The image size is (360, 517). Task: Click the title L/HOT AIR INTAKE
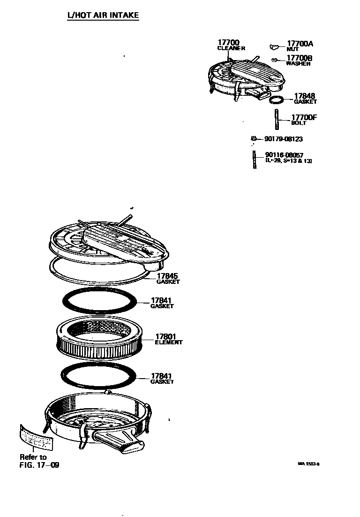103,15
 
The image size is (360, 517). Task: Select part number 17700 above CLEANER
229,43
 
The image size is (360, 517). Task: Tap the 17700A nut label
300,46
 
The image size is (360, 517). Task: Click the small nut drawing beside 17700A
274,47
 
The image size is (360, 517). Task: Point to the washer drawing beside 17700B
274,60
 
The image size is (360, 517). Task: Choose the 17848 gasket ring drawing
277,99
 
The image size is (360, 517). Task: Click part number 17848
304,96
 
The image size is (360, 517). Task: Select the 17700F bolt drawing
277,119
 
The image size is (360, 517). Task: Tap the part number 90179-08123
284,139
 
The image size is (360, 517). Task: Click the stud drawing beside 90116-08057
255,160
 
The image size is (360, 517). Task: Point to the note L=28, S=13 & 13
289,161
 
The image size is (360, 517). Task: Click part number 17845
167,276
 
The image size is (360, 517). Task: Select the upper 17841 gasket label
162,303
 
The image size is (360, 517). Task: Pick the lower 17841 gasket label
162,378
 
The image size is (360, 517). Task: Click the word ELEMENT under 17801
168,342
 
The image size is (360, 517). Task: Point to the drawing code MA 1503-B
308,464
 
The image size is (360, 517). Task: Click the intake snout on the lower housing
118,442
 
